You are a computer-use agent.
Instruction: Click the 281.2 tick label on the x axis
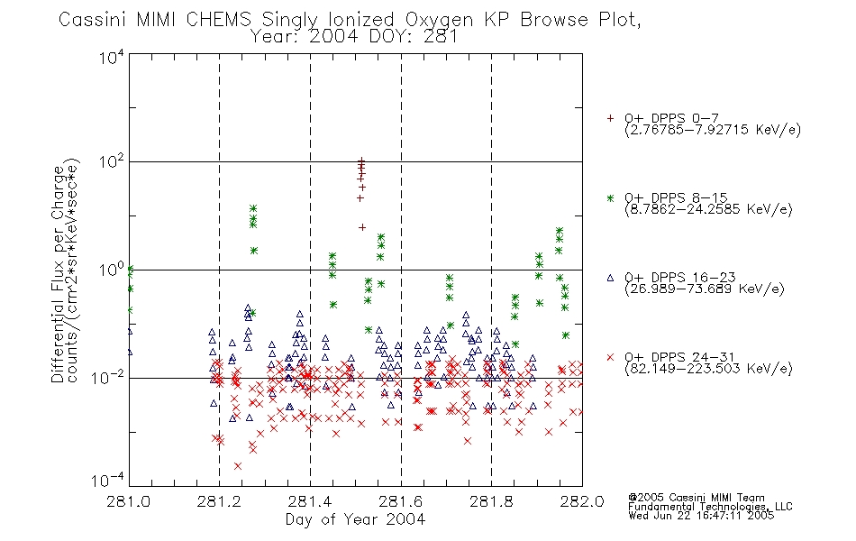(x=219, y=501)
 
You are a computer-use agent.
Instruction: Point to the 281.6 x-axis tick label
(x=401, y=501)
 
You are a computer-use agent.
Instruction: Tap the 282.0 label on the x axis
(x=582, y=501)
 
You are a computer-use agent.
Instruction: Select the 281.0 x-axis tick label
(x=128, y=501)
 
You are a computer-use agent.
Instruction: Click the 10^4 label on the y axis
(x=112, y=57)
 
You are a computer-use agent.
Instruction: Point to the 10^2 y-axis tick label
(x=112, y=161)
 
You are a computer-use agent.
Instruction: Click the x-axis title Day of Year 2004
(x=355, y=519)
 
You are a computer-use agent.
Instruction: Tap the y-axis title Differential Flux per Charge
(x=58, y=274)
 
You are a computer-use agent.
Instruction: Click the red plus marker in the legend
(x=610, y=118)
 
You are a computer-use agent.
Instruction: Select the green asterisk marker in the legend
(x=610, y=198)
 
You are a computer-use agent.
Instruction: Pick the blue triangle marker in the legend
(x=610, y=278)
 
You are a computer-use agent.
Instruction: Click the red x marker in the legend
(x=610, y=357)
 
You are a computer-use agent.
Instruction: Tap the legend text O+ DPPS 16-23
(x=680, y=278)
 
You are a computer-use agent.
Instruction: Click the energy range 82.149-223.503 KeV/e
(x=708, y=369)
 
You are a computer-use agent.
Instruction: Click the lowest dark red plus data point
(x=362, y=227)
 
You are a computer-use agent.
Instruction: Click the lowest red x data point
(x=238, y=466)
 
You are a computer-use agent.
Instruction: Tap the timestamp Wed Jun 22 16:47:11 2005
(x=701, y=516)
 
